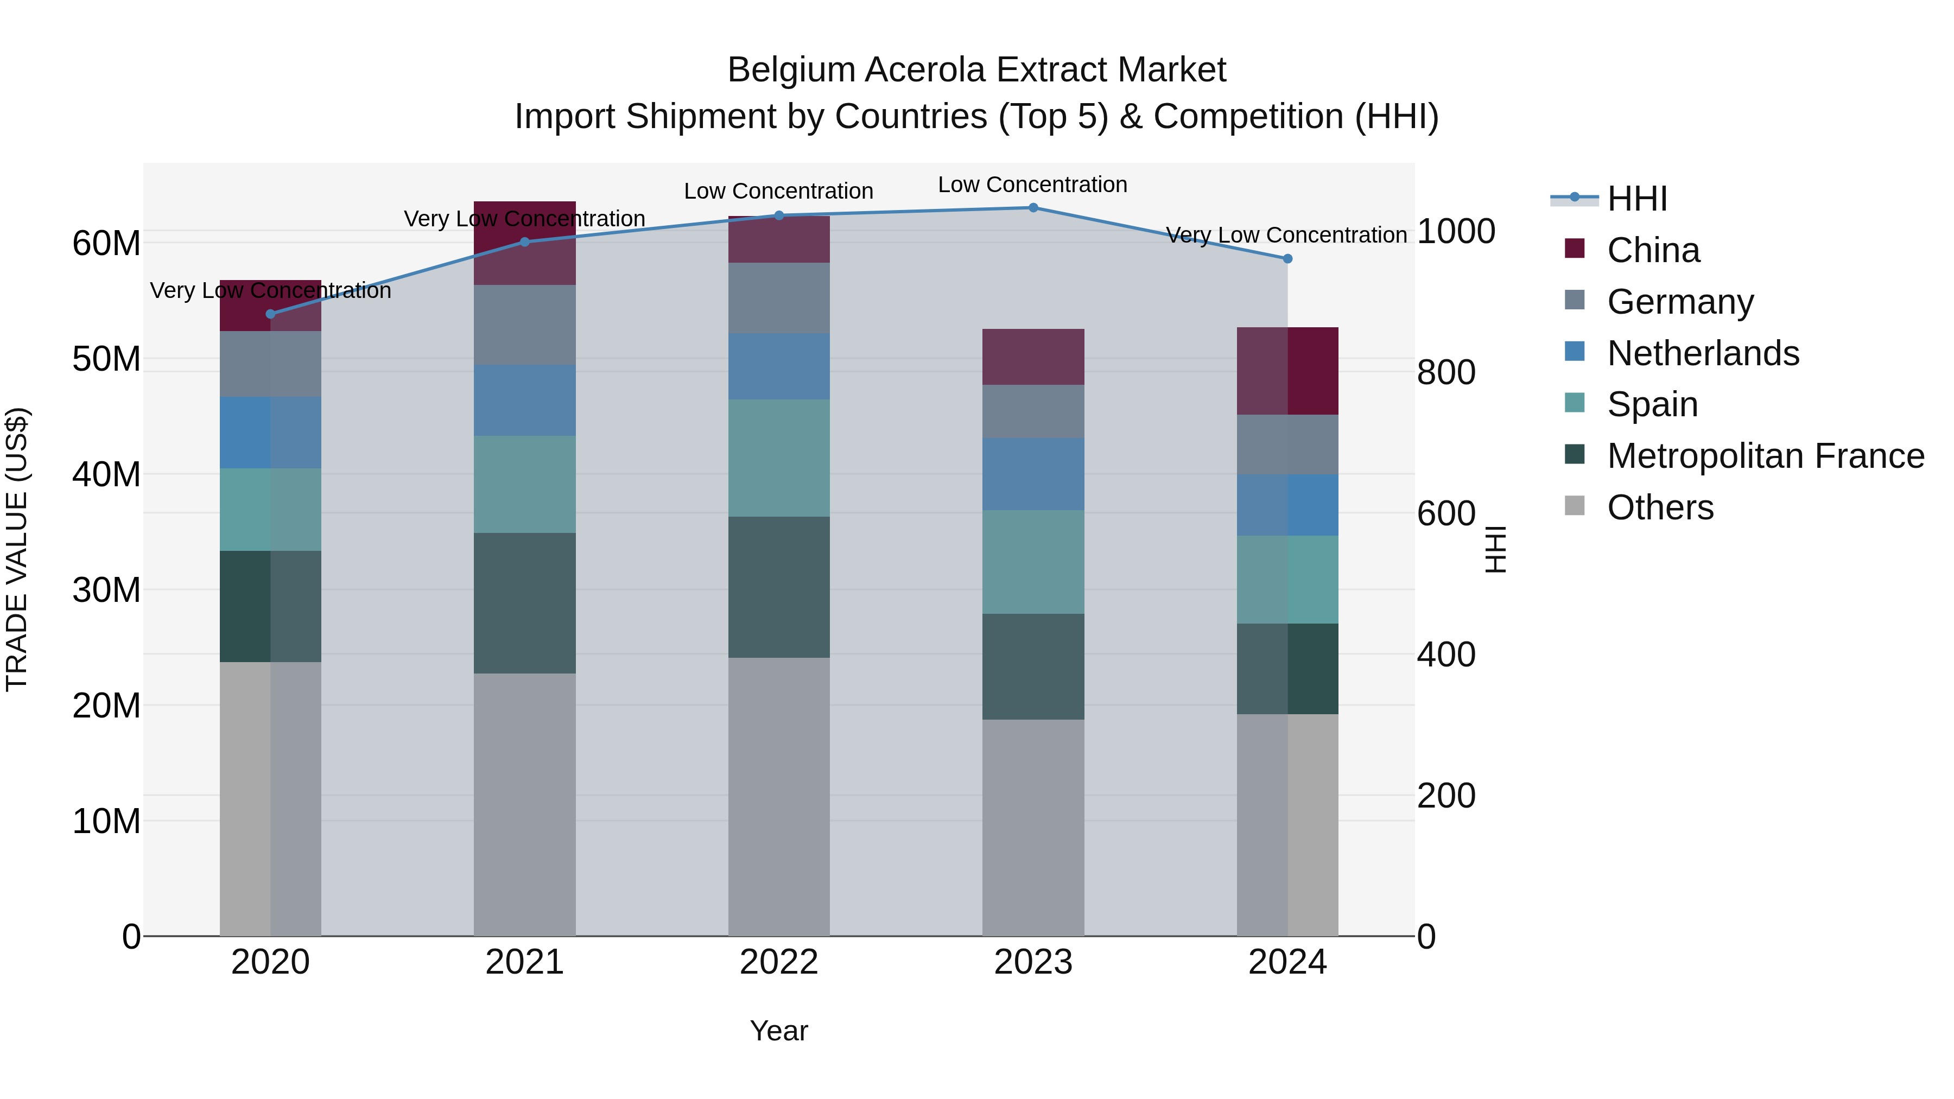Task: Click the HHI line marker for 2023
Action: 1032,207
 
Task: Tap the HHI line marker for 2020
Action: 271,314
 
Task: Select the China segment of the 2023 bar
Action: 1032,357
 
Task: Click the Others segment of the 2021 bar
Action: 524,804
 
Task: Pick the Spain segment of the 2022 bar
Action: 778,458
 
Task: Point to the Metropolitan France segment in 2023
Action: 1032,666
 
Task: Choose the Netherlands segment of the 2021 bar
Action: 524,401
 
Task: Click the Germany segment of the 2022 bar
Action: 778,298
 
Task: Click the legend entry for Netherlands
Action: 1702,353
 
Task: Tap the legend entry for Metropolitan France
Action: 1765,456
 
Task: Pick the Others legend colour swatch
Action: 1574,506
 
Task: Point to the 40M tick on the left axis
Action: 106,475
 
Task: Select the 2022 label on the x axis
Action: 778,962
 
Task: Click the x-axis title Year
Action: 778,1031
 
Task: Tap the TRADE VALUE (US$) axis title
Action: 17,549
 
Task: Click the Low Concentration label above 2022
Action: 778,191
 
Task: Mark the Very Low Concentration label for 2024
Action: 1286,235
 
